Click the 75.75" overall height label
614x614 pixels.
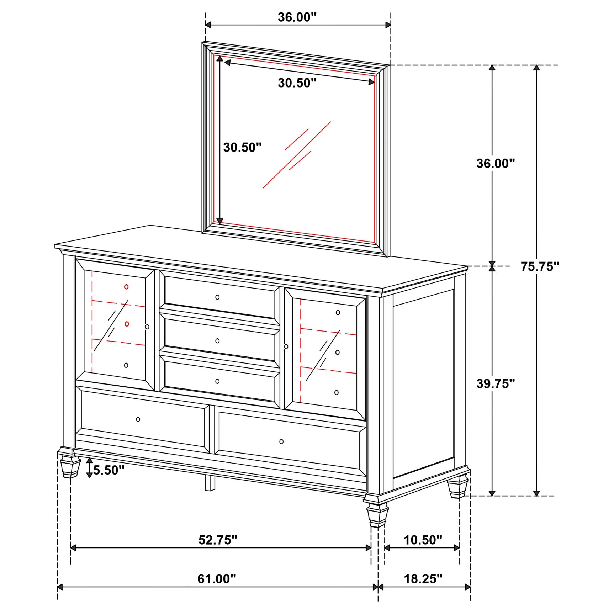540,266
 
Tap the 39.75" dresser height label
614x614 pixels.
496,383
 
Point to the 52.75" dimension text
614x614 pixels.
217,540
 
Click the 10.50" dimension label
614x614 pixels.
423,540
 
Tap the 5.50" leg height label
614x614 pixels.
108,470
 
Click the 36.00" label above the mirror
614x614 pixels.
297,17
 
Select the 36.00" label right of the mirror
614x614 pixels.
496,163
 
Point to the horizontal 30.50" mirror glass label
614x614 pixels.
297,83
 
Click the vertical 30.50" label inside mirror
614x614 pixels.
242,147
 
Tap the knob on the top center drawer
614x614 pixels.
217,297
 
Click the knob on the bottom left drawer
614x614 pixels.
138,419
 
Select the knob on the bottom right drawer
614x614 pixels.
281,441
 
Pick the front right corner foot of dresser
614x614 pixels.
377,514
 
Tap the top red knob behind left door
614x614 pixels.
126,287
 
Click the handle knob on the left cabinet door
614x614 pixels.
147,327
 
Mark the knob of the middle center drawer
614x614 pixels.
217,341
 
